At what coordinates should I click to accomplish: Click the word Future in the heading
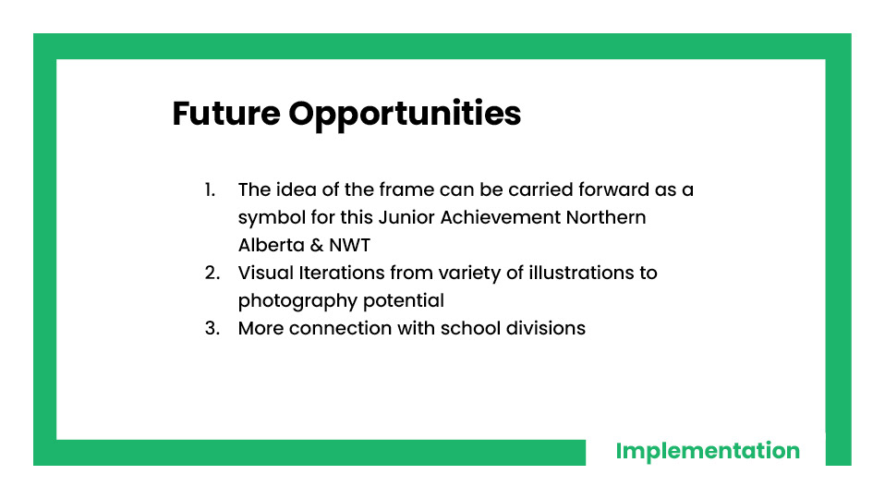[x=226, y=114]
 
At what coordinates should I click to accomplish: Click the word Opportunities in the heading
[x=405, y=116]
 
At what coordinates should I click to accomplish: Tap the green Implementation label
[x=708, y=451]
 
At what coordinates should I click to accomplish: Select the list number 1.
[x=210, y=189]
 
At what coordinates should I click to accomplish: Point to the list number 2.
[x=212, y=273]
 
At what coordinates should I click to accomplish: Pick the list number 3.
[x=212, y=328]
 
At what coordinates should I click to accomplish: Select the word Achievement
[x=501, y=217]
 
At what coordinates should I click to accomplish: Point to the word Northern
[x=606, y=217]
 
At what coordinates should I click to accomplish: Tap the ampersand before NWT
[x=317, y=246]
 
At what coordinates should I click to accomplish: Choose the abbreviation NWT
[x=349, y=246]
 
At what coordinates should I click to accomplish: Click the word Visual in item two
[x=266, y=273]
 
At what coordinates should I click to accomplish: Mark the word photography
[x=297, y=302]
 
